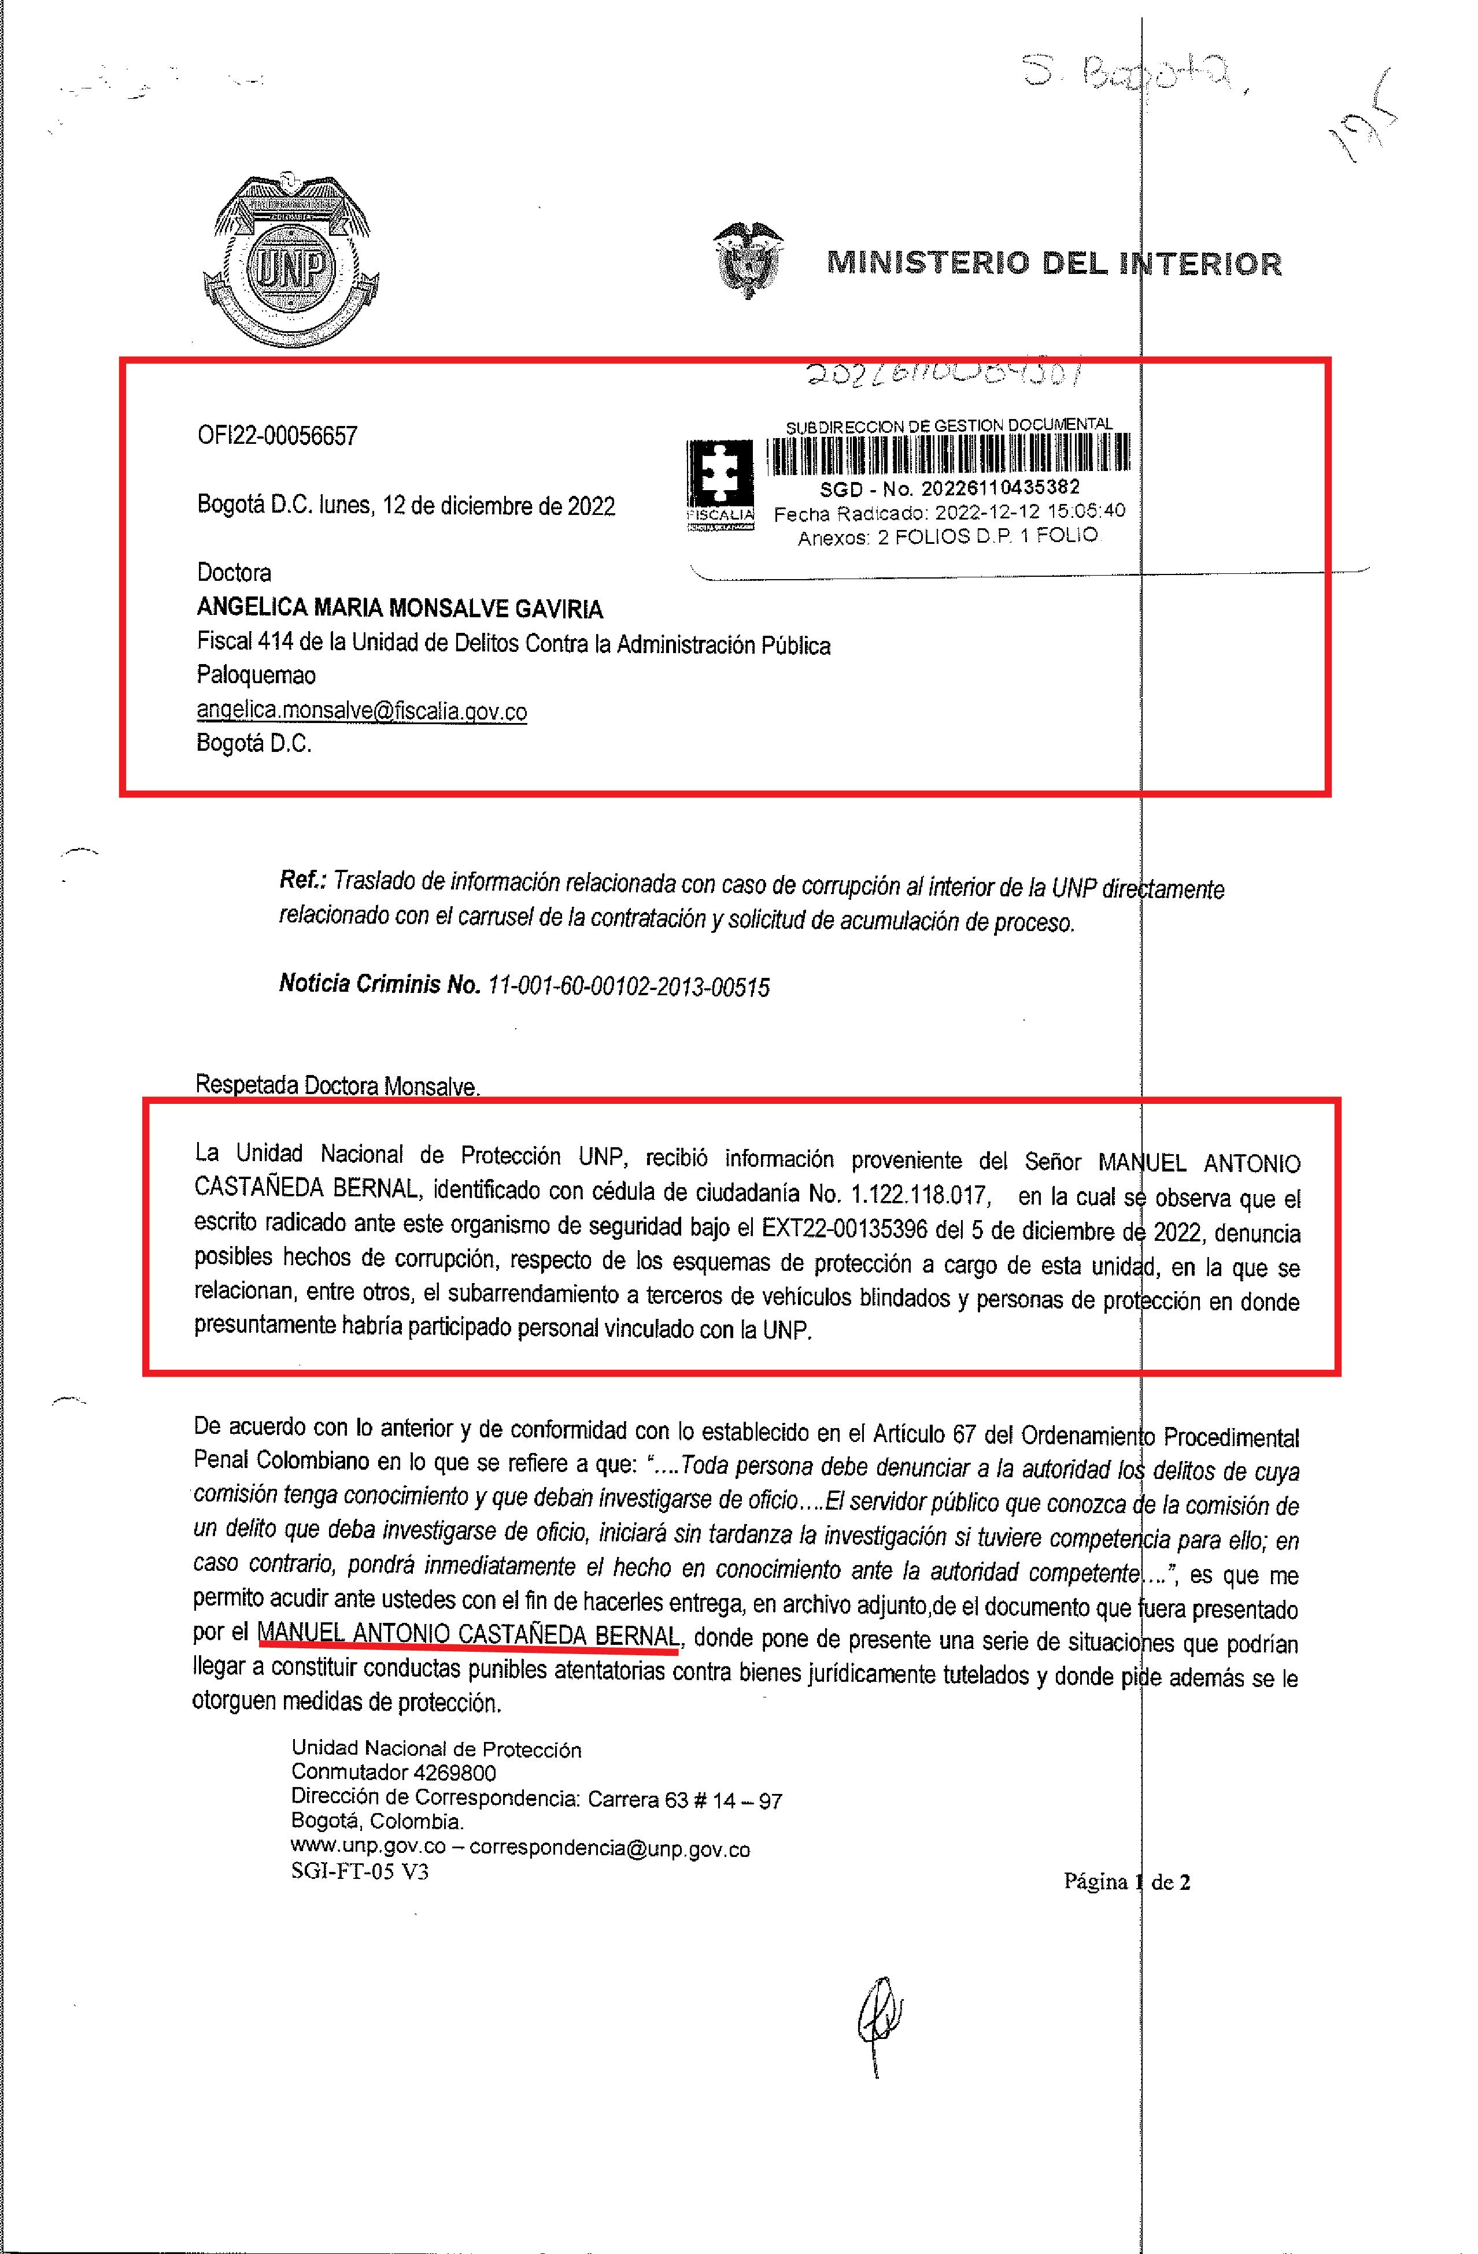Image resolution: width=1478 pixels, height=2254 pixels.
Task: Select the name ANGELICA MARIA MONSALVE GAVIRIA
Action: pyautogui.click(x=400, y=609)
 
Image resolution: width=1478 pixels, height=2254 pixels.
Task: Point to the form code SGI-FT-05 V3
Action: pyautogui.click(x=360, y=1873)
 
